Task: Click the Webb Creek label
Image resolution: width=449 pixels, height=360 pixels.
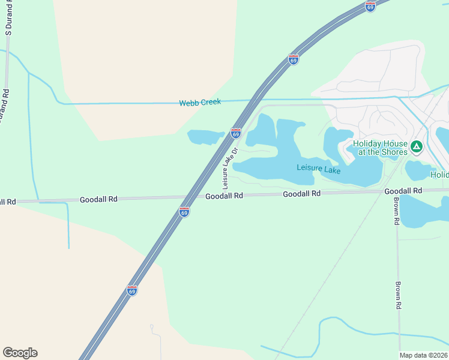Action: pos(200,103)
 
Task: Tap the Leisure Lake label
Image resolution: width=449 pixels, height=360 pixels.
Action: pos(319,169)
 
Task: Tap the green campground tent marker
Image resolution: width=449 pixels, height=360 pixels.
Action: pos(417,145)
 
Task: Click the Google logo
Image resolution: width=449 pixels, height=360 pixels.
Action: pos(20,353)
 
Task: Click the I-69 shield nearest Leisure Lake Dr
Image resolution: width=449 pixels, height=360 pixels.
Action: pos(236,133)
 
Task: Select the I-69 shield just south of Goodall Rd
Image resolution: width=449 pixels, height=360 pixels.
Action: pos(184,212)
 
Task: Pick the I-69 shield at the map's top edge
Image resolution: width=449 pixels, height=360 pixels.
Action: pos(370,5)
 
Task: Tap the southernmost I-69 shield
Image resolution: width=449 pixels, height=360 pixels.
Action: pos(133,290)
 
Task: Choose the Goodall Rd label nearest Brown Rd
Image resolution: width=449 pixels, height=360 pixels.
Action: pos(403,191)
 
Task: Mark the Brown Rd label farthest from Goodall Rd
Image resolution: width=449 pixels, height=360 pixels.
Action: pos(397,296)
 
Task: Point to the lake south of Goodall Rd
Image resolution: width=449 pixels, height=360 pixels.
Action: pos(423,211)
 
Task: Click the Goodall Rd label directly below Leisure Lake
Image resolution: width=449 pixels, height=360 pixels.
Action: pos(302,194)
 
